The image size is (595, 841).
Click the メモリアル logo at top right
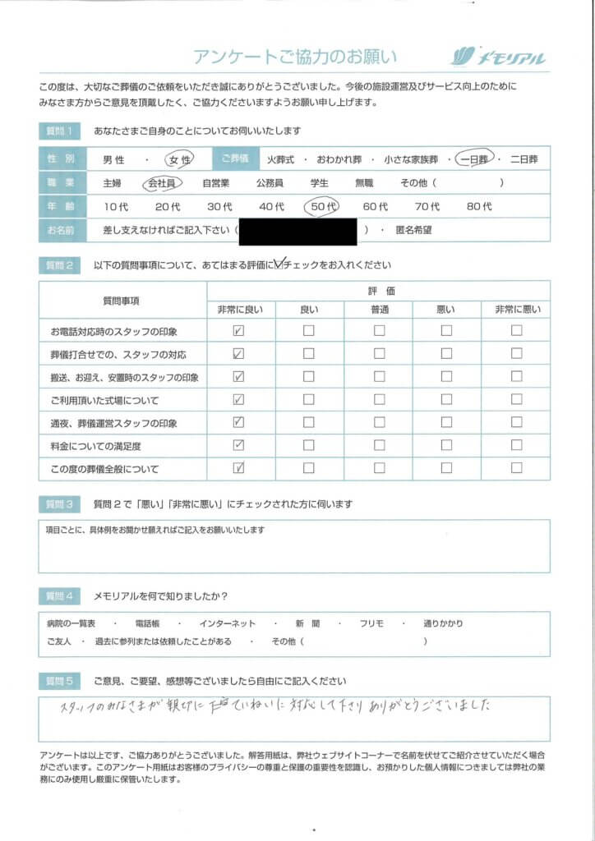coord(498,57)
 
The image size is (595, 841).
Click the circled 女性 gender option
coord(178,160)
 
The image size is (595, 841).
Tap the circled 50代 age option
coord(321,208)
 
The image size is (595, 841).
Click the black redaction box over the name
coord(297,232)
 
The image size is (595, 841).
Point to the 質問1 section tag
coord(60,131)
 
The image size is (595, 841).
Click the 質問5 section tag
coord(60,682)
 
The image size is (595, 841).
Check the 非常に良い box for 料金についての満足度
coord(239,446)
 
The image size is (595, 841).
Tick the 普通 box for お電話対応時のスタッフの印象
coord(379,331)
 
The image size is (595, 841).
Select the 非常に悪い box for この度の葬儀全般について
coord(516,469)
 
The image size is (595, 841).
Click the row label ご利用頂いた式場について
coord(104,401)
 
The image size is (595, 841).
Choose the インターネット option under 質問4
coord(228,623)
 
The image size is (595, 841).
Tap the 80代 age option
coord(478,208)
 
